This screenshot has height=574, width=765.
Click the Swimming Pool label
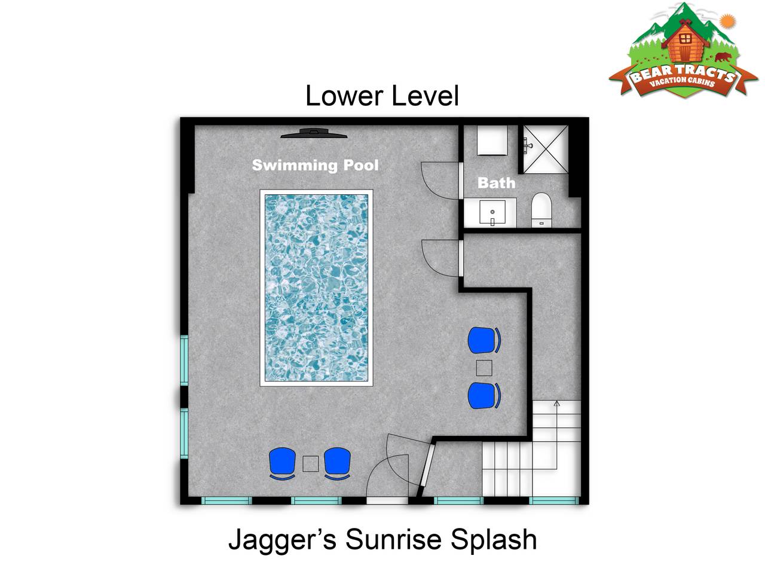coord(315,165)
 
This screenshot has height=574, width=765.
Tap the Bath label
coord(496,183)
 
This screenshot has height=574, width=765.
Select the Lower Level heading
coord(382,96)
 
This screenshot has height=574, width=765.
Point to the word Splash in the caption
coord(493,539)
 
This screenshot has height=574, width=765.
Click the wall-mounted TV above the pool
coord(314,133)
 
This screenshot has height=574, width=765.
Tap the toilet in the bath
coord(541,210)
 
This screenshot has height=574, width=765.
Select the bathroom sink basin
coord(492,212)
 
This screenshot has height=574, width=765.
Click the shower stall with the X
coord(546,149)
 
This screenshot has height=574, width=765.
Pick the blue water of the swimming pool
coord(316,288)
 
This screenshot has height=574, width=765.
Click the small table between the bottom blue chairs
coord(310,463)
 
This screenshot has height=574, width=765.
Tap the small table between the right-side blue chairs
coord(484,368)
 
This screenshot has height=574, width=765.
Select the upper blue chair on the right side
coord(484,340)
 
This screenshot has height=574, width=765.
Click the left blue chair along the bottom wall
coord(282,463)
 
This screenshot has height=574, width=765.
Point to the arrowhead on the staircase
coord(556,403)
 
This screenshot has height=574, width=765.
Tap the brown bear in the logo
coord(723,57)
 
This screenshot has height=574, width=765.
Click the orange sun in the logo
coord(727,22)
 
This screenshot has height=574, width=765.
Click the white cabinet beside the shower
coord(492,140)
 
